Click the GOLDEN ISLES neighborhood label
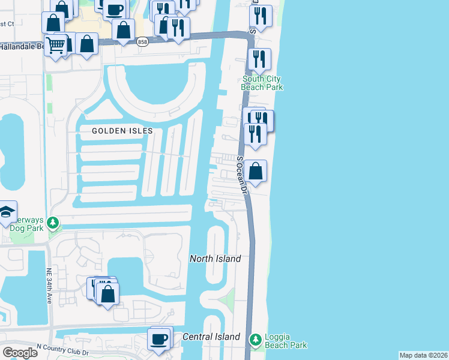(122, 130)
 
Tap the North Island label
(215, 259)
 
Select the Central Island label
(211, 337)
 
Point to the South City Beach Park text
(262, 83)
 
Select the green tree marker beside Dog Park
(53, 223)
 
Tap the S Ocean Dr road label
(243, 175)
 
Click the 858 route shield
(142, 41)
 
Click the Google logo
(20, 352)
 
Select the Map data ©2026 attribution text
(424, 355)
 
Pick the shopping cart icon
(55, 44)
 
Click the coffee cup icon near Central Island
(160, 339)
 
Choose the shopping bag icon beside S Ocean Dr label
(256, 171)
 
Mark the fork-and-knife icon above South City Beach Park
(259, 59)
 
